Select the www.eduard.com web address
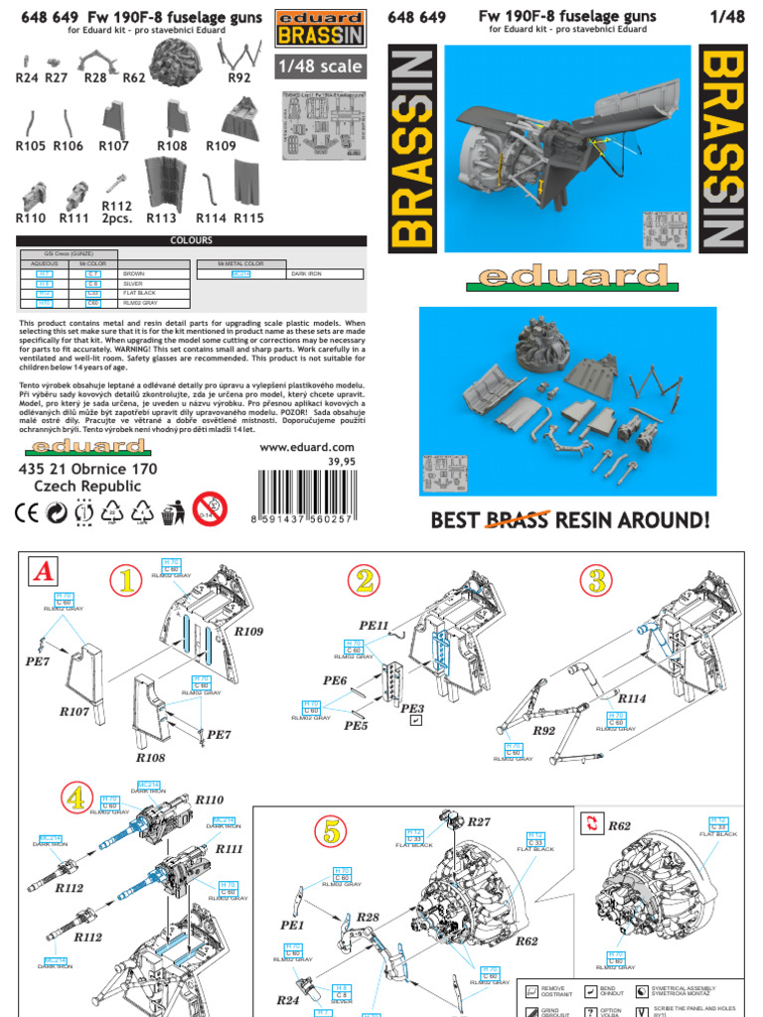point(306,447)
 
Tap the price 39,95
point(341,461)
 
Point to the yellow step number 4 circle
point(74,797)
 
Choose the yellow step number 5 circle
point(331,830)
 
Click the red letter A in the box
point(43,573)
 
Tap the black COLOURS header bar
point(191,240)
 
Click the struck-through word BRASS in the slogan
point(517,519)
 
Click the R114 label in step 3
point(630,698)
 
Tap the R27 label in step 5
point(479,821)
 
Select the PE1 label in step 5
point(292,925)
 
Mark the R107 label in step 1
point(75,711)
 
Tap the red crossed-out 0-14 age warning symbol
point(210,509)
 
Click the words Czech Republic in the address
point(87,487)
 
